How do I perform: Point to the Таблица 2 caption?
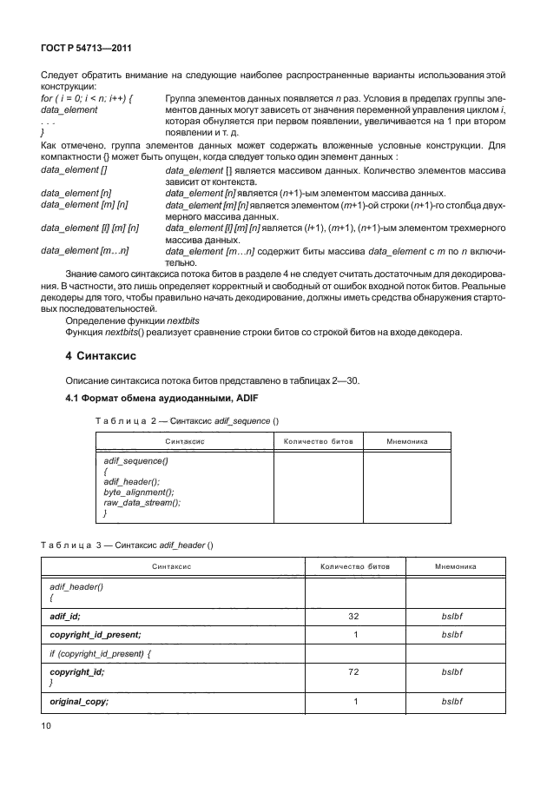click(x=186, y=420)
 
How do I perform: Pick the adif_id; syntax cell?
click(x=65, y=616)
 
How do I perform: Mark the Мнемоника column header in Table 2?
click(x=406, y=441)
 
